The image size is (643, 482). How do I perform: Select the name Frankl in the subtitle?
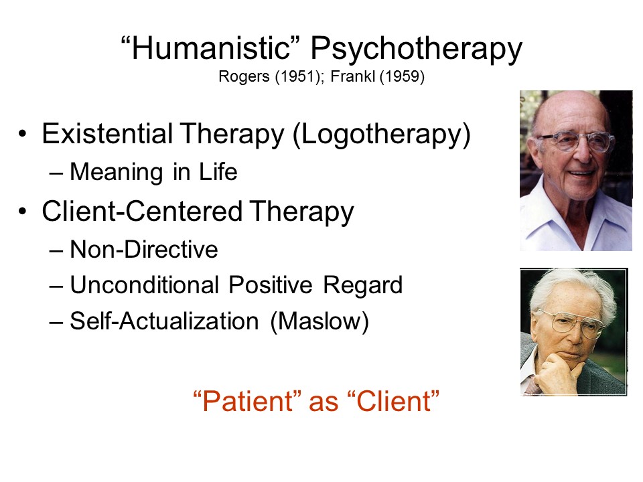point(352,76)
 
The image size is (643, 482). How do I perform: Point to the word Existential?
point(107,134)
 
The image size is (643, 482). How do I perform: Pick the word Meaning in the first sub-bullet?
point(117,173)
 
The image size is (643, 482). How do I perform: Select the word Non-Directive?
point(144,249)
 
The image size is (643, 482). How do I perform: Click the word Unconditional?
point(145,285)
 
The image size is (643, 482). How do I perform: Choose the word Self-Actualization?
point(164,321)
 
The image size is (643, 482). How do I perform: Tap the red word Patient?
point(248,401)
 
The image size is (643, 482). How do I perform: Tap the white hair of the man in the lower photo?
point(574,287)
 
